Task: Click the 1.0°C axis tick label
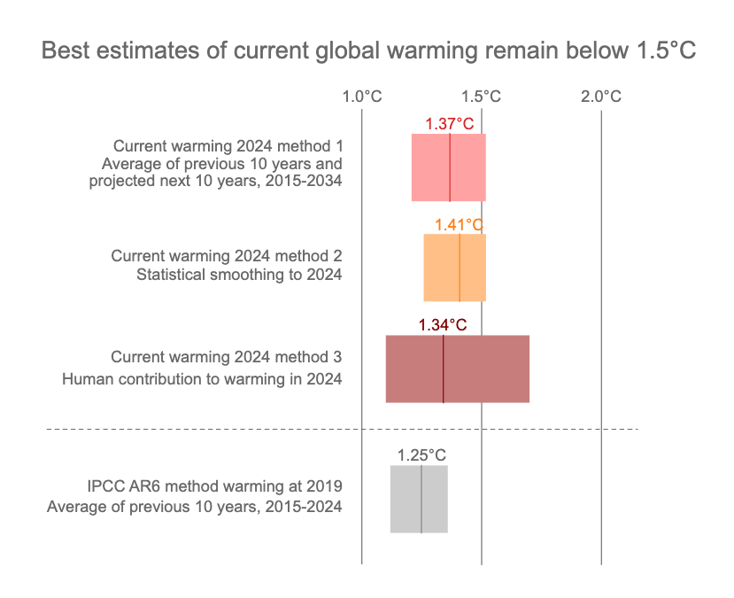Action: pos(362,97)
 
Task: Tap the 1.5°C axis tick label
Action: pos(482,97)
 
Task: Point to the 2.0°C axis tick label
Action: pos(601,97)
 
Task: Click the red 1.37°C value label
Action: pos(450,124)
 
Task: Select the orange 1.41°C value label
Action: pos(460,225)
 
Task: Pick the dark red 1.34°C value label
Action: pos(443,325)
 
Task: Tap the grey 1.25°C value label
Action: pos(421,455)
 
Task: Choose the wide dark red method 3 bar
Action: pos(496,369)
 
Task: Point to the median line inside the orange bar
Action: pos(460,268)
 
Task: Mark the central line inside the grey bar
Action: pos(421,499)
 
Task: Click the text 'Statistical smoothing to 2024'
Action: pos(239,275)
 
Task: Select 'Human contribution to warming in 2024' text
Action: pos(202,379)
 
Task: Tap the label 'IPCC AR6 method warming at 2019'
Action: pos(214,486)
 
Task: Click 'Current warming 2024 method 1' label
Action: pos(228,146)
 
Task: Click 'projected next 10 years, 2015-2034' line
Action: pos(215,182)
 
